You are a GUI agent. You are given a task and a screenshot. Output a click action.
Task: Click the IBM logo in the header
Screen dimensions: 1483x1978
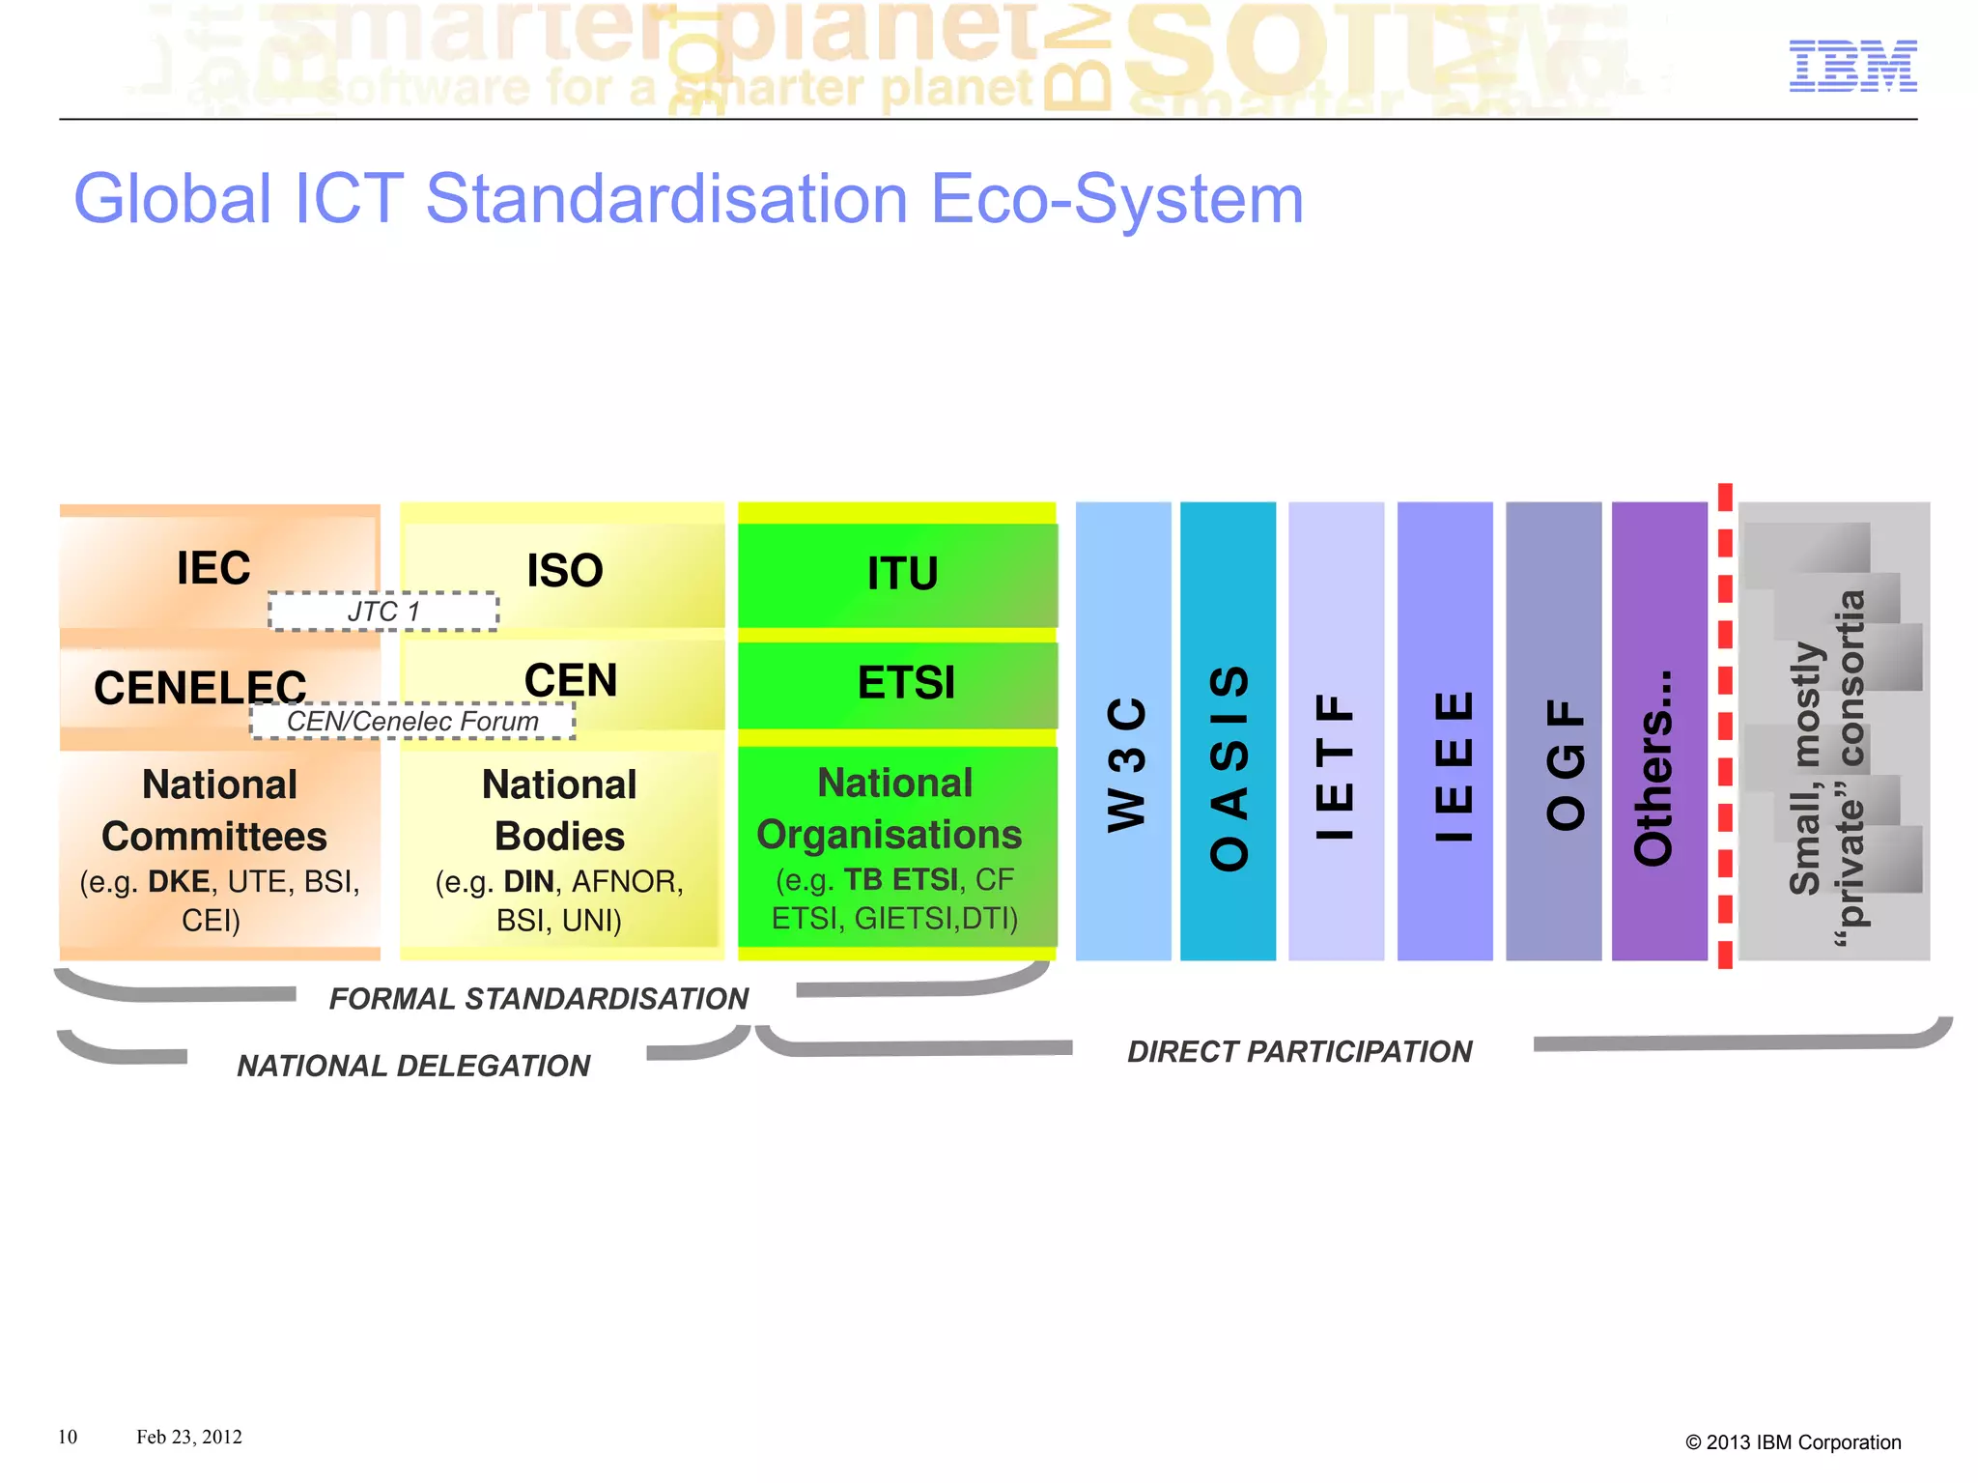pos(1851,66)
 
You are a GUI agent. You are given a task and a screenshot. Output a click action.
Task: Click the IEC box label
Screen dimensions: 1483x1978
pos(213,568)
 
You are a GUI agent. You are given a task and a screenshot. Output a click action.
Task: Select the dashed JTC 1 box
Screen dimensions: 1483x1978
pos(383,612)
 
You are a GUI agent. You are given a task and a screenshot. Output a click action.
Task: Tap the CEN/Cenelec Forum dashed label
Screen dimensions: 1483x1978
pos(412,722)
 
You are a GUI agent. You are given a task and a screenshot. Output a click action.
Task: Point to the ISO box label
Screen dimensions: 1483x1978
pos(565,571)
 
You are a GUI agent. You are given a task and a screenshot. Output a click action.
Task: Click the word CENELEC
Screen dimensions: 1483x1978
pos(200,688)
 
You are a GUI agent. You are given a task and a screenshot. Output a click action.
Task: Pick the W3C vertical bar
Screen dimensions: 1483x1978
pos(1124,731)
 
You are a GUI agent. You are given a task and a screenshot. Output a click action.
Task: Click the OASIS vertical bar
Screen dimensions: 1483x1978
pos(1229,731)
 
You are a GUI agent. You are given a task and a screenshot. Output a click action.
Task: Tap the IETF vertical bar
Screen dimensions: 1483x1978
pos(1336,731)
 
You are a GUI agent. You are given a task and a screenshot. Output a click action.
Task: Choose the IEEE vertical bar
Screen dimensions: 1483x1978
pos(1445,731)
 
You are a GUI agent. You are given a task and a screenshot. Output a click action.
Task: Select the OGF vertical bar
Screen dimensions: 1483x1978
pos(1553,731)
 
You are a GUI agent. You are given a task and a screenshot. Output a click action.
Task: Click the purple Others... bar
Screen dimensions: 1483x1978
pos(1659,731)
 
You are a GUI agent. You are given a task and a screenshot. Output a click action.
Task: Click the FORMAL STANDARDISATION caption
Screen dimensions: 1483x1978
pos(539,999)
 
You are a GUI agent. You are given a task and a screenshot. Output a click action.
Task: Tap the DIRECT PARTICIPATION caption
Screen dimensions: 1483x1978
pos(1299,1052)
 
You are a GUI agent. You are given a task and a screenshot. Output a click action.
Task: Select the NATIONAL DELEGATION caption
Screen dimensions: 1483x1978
pos(413,1067)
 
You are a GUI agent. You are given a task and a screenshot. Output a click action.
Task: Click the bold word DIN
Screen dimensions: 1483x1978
pos(528,882)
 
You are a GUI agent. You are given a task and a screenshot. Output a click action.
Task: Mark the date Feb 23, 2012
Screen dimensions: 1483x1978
pos(188,1438)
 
